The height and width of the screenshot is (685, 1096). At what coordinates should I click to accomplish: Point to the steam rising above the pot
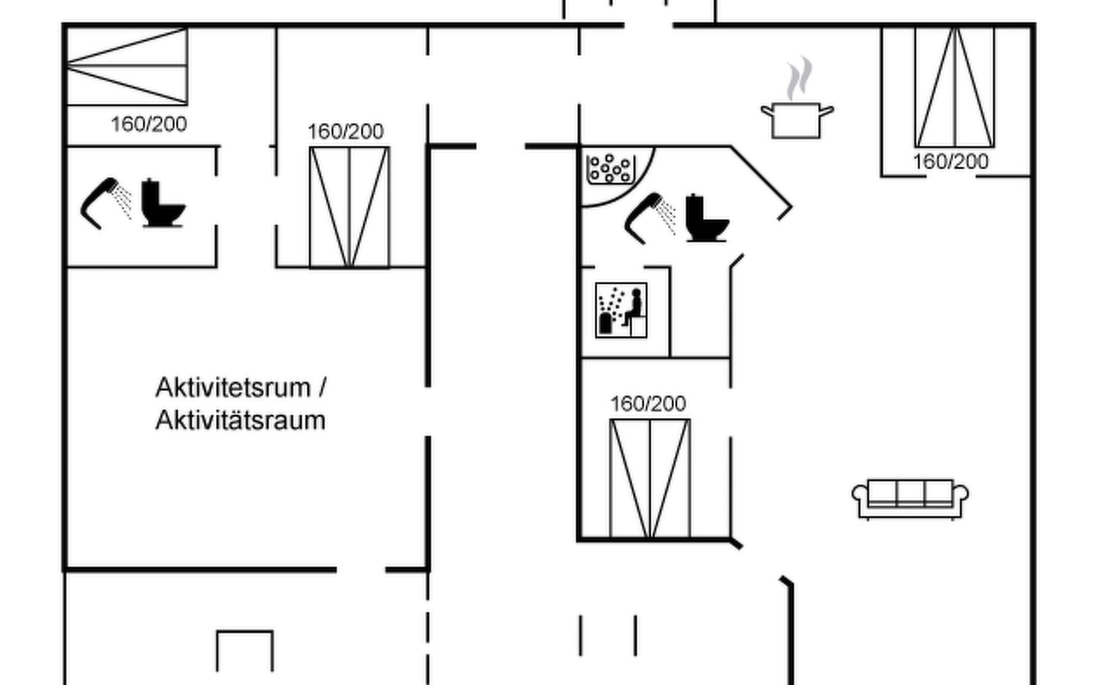coord(799,77)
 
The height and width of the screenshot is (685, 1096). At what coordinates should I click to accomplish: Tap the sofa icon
coord(910,498)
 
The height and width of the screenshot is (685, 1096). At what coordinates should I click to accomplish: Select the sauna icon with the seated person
coord(621,310)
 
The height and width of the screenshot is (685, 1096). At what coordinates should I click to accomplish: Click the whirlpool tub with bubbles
coord(611,169)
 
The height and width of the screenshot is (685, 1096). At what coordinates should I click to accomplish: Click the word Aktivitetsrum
coord(232,388)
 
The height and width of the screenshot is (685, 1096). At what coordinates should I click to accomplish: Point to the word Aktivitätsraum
coord(240,421)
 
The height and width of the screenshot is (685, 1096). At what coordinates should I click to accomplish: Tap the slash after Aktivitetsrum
coord(323,388)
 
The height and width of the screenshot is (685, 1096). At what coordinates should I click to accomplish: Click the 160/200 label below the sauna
coord(648,404)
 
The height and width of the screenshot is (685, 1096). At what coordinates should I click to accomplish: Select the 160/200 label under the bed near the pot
coord(950,162)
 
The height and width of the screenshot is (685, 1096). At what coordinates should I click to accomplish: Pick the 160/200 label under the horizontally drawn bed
coord(148,124)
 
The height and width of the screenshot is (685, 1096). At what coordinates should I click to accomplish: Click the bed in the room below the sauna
coord(650,478)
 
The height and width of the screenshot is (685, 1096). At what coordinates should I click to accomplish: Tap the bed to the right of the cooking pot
coord(954,87)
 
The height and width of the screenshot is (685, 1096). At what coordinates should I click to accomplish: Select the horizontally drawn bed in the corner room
coord(127,66)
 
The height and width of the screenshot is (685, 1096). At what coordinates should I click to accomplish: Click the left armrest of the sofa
coord(860,494)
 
